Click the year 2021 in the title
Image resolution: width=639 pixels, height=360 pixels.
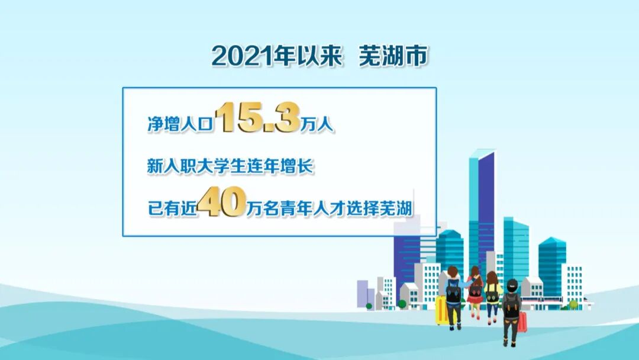(238, 56)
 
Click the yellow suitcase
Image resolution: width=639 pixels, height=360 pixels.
(441, 310)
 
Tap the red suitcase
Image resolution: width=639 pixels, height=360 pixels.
(522, 322)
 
